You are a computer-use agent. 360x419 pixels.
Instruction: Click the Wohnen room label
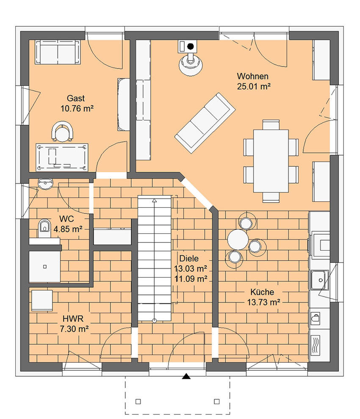(252, 77)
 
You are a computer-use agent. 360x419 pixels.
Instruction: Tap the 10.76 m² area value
(77, 109)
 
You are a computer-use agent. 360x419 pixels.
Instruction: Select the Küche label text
(262, 292)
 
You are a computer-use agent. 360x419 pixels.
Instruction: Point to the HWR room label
(73, 319)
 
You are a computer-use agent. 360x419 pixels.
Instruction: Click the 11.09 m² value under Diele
(191, 279)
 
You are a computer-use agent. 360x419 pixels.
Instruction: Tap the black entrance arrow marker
(186, 377)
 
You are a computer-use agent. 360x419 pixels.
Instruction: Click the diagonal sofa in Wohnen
(205, 123)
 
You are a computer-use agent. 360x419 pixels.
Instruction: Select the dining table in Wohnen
(271, 161)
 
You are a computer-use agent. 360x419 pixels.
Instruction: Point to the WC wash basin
(46, 184)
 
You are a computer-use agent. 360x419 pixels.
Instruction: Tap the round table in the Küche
(237, 240)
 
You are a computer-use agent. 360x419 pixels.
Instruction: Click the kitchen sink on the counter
(320, 280)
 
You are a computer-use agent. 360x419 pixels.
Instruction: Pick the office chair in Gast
(62, 131)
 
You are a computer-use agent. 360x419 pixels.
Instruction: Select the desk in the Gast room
(62, 157)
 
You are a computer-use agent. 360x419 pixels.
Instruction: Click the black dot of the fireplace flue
(191, 47)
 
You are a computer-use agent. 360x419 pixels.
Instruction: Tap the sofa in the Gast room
(58, 52)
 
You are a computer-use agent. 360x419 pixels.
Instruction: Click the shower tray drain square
(44, 266)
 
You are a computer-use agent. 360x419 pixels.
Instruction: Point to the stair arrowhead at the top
(154, 201)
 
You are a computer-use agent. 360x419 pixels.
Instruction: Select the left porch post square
(138, 401)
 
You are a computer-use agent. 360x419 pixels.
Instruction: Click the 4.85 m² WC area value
(68, 229)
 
